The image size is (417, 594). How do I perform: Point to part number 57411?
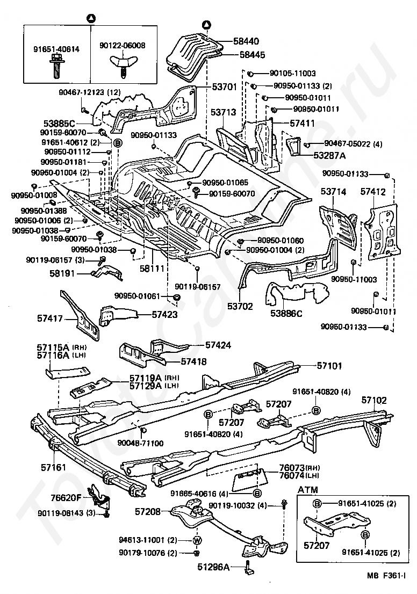[303, 123]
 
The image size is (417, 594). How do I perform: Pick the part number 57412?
[373, 191]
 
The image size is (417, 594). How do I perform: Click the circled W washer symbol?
[197, 540]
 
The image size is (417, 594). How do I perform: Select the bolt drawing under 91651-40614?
[55, 66]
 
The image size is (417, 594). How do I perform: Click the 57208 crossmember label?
[148, 512]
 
